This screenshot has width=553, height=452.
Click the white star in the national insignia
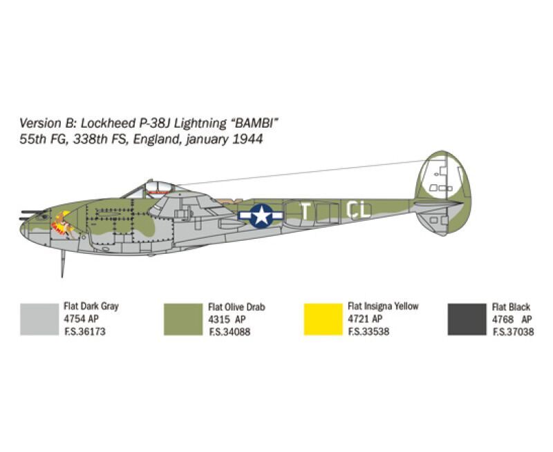click(261, 215)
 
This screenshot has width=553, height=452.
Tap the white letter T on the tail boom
click(305, 211)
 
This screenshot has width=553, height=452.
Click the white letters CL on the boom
click(359, 210)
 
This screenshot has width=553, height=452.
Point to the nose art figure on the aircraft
click(63, 224)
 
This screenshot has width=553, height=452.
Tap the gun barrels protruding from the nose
click(31, 215)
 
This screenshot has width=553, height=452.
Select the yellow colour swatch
click(323, 320)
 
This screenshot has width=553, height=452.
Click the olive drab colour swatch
click(183, 320)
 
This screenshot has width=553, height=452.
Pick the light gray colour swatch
click(39, 320)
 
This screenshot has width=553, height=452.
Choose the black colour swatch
click(467, 320)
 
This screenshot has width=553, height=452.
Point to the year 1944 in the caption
click(247, 139)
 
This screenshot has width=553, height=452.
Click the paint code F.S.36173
click(84, 332)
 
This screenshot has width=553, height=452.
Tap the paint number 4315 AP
click(227, 320)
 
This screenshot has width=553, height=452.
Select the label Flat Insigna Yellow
click(383, 306)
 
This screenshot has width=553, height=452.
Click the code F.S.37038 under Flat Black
click(513, 332)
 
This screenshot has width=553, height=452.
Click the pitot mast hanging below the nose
click(63, 264)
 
